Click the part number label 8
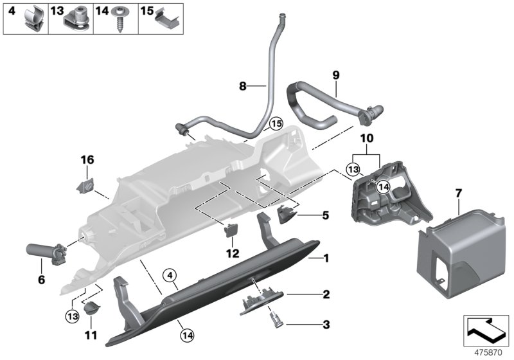[x=243, y=85]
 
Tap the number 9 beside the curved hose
[x=335, y=75]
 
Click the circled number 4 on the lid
[x=170, y=276]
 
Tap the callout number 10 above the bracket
[x=366, y=138]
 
